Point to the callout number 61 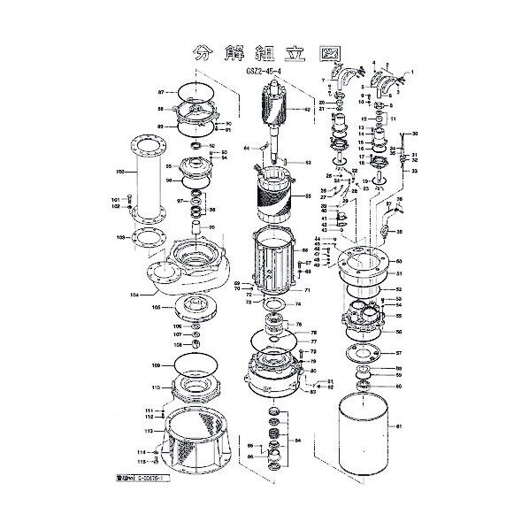click(x=399, y=426)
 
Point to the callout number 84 click(x=297, y=438)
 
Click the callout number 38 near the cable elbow click(x=399, y=233)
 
